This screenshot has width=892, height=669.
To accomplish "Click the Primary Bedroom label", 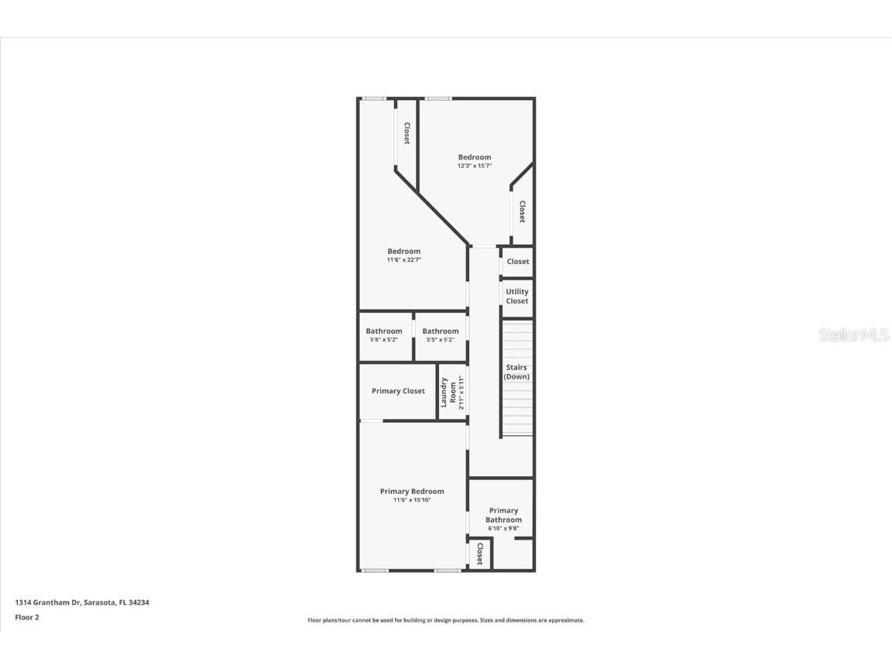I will [412, 491].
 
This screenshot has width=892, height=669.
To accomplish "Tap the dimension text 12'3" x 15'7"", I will [474, 166].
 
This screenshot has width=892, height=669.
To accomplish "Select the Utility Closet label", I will [517, 297].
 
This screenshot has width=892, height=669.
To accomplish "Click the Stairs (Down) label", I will [516, 372].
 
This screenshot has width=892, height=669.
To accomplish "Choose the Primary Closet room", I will [398, 391].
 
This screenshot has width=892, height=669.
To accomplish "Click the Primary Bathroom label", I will [503, 515].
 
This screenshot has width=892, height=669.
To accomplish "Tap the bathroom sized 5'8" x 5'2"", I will [384, 334].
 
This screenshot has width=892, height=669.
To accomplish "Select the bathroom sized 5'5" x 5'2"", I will [441, 334].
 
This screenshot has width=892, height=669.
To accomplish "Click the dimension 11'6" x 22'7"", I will [403, 260].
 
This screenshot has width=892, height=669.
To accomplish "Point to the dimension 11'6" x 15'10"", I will [412, 500].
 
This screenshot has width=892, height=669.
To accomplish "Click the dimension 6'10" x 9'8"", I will [503, 529].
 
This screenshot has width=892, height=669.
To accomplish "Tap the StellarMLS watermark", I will [854, 335].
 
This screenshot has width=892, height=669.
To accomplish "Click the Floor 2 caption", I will [26, 617].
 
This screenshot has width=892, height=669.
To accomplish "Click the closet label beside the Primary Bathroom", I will [479, 554].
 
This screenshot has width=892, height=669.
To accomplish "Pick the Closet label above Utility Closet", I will [518, 262].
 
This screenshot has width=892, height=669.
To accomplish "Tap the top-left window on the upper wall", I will [375, 98].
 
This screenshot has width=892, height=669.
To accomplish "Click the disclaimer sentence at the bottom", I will [446, 620].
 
